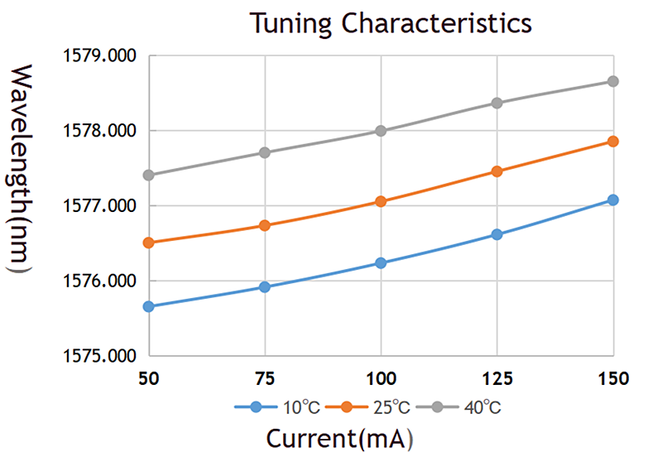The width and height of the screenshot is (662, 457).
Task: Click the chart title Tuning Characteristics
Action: [391, 23]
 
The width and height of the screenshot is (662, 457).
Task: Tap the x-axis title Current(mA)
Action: [339, 435]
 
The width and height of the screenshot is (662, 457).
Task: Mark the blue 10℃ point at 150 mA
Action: [613, 200]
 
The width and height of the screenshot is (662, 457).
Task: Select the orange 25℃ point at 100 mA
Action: [381, 201]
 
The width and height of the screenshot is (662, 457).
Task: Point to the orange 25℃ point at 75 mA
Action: [265, 225]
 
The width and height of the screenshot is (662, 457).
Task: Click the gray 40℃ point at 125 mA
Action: [497, 103]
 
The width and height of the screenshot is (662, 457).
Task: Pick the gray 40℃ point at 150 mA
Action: [613, 81]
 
